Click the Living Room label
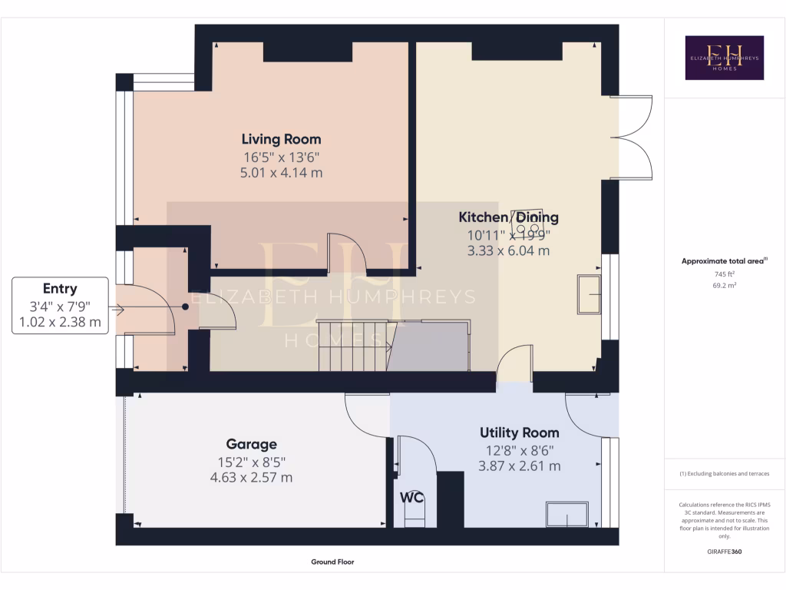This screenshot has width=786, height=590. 281,139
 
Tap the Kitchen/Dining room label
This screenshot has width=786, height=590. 508,217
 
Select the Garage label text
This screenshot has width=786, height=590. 251,444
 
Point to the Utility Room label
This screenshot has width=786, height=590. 519,433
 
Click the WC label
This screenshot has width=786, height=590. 412,497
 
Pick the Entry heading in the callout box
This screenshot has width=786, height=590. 60,289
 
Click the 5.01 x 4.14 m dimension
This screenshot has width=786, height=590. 281,173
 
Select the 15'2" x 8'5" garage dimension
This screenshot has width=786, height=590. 251,462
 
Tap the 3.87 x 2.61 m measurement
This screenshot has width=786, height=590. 519,466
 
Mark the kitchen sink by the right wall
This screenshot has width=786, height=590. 590,295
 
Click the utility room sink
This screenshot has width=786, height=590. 566,514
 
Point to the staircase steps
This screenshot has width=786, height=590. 353,346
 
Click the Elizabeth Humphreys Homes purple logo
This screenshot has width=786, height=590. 724,58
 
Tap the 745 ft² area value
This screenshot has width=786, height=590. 724,273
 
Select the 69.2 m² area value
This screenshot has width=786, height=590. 724,285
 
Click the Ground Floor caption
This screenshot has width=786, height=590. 332,562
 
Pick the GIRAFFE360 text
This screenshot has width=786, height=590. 724,552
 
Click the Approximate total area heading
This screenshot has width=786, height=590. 722,261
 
